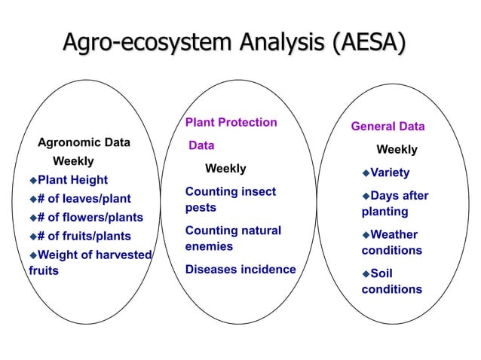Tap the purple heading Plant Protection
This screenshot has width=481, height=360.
pos(231,122)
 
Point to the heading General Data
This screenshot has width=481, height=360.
pos(388,126)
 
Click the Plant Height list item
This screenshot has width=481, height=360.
pos(73,180)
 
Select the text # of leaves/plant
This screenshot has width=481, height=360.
pos(84,199)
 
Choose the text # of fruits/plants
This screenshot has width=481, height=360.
pos(84,236)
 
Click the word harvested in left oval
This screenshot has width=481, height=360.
pos(121,255)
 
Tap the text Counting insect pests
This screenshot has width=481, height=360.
pos(230,200)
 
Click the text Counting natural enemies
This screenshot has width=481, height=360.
pos(233,238)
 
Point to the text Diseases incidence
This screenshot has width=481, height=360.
pos(240,270)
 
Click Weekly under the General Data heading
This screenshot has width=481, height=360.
pos(397,149)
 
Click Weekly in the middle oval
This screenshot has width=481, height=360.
pos(226,168)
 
